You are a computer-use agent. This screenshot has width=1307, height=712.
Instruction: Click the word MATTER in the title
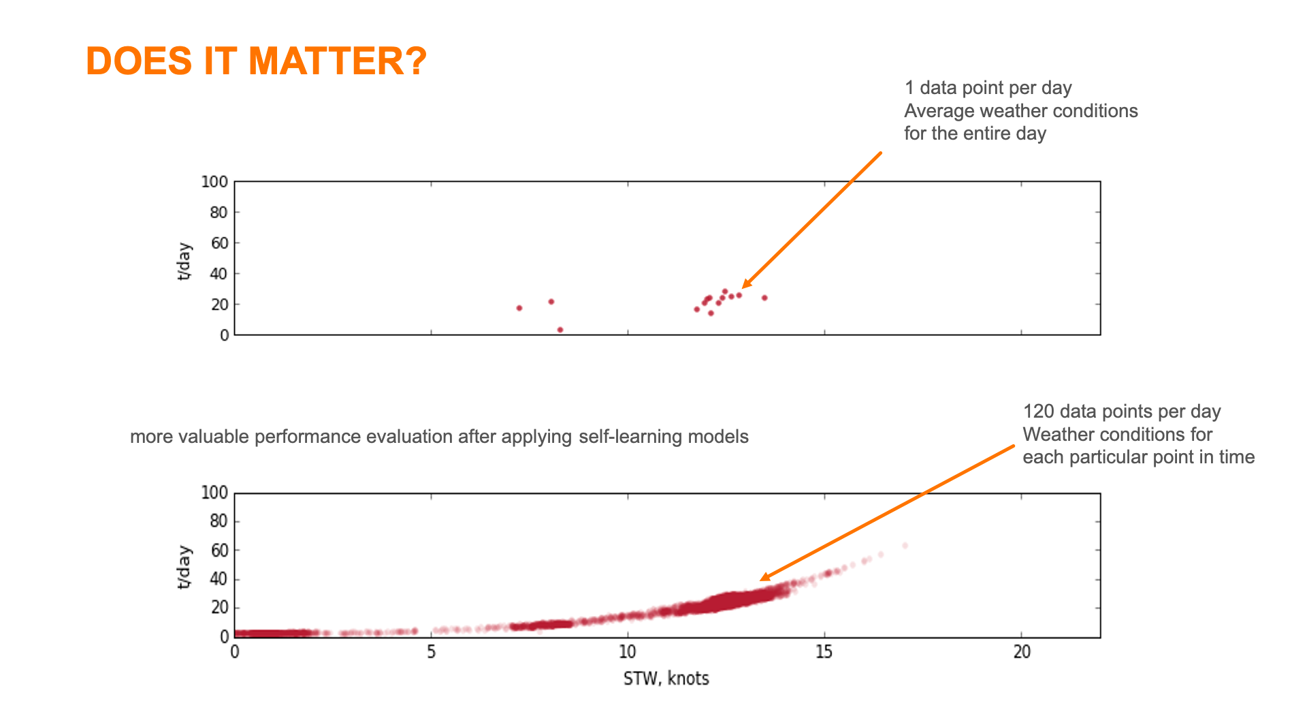coord(326,61)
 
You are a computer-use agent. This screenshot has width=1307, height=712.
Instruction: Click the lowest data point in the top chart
coord(560,330)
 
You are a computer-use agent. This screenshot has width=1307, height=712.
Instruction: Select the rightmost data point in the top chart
coord(764,298)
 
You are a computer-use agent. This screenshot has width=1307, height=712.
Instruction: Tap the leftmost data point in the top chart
coord(519,308)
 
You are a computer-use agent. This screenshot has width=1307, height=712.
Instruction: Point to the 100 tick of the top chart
coord(214,182)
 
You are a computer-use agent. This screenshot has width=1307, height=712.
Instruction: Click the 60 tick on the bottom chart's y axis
coord(219,551)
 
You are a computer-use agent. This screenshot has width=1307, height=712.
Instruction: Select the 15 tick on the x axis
coord(824,652)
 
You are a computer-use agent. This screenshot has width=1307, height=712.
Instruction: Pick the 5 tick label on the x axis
coord(431,652)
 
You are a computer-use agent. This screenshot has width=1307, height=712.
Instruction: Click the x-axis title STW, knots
coord(666,679)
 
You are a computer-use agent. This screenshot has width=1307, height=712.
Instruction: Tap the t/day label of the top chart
coord(184,261)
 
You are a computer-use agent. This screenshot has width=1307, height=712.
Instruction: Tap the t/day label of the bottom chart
coord(184,568)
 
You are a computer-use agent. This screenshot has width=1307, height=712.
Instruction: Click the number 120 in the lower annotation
coord(1038,412)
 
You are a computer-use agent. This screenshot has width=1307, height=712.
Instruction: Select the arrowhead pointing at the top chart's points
coord(746,284)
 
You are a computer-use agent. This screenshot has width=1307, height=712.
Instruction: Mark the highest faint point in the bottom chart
coord(905,546)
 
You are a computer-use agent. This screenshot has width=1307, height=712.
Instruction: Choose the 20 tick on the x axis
coord(1021,652)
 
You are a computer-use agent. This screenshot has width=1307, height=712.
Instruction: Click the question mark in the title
coord(416,61)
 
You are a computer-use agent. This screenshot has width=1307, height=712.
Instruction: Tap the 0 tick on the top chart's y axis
coord(224,335)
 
